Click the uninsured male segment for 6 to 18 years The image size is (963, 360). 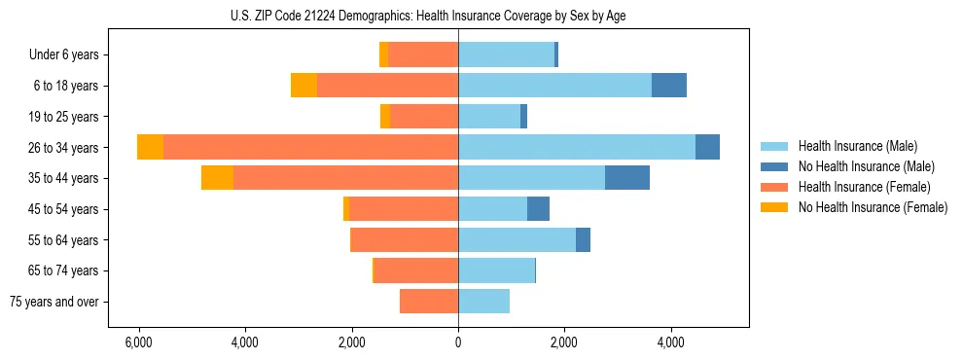[x=668, y=86]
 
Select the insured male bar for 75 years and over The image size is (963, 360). [x=483, y=302]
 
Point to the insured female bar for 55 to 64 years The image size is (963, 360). [x=405, y=240]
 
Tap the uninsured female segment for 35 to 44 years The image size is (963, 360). [x=217, y=178]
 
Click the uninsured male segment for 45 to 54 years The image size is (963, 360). [x=538, y=209]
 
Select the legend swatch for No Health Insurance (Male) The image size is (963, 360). [x=775, y=166]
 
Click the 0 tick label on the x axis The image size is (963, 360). [x=458, y=342]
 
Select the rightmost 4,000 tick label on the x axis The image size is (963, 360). [x=670, y=342]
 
